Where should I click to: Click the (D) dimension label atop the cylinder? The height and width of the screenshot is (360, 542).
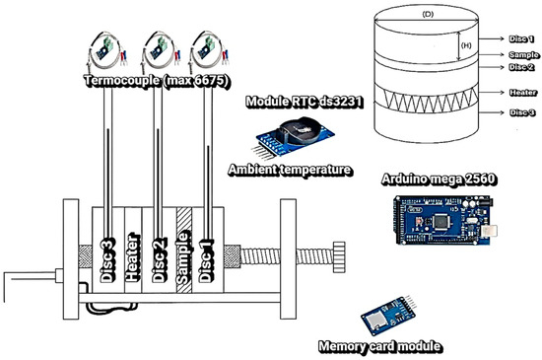[x=428, y=14]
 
